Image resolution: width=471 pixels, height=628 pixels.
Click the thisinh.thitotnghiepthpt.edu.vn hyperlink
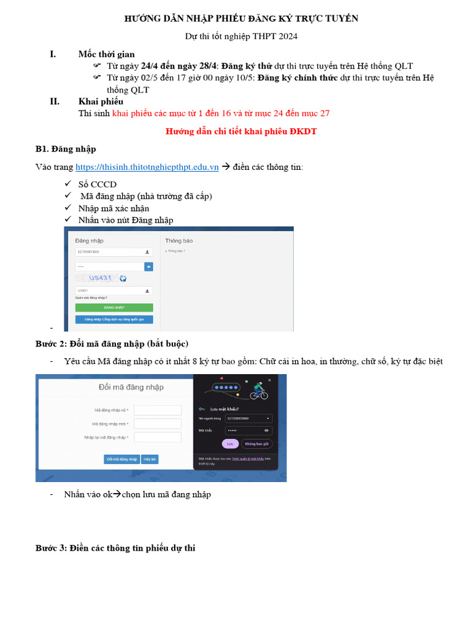coord(147,167)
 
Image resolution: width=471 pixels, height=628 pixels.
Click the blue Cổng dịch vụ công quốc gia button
coord(114,320)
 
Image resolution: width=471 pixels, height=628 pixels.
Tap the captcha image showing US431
coord(98,278)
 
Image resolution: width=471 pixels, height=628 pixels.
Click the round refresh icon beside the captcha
coord(123,278)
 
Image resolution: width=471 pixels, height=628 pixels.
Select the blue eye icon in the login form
coord(148,267)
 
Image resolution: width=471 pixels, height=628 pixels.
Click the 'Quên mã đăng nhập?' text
coord(91,297)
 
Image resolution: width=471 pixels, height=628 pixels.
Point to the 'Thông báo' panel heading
coord(178,241)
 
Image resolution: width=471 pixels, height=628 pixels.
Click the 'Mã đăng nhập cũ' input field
coord(158,410)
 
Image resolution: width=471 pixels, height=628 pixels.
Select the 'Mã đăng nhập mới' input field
coord(158,424)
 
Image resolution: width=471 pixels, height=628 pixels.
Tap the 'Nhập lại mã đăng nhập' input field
coord(158,437)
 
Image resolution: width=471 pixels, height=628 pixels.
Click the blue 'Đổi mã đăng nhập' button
coord(121,459)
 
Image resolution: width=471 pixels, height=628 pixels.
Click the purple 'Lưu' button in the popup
coord(230,443)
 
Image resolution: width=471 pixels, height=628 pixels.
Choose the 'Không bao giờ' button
coord(257,443)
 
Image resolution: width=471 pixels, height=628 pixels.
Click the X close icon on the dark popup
coord(269,380)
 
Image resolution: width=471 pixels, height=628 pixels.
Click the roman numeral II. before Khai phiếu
coord(55,101)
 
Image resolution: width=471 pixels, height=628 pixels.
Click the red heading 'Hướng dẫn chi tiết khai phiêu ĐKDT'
coord(242,131)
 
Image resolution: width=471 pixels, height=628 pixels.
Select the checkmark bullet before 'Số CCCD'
coord(67,184)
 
